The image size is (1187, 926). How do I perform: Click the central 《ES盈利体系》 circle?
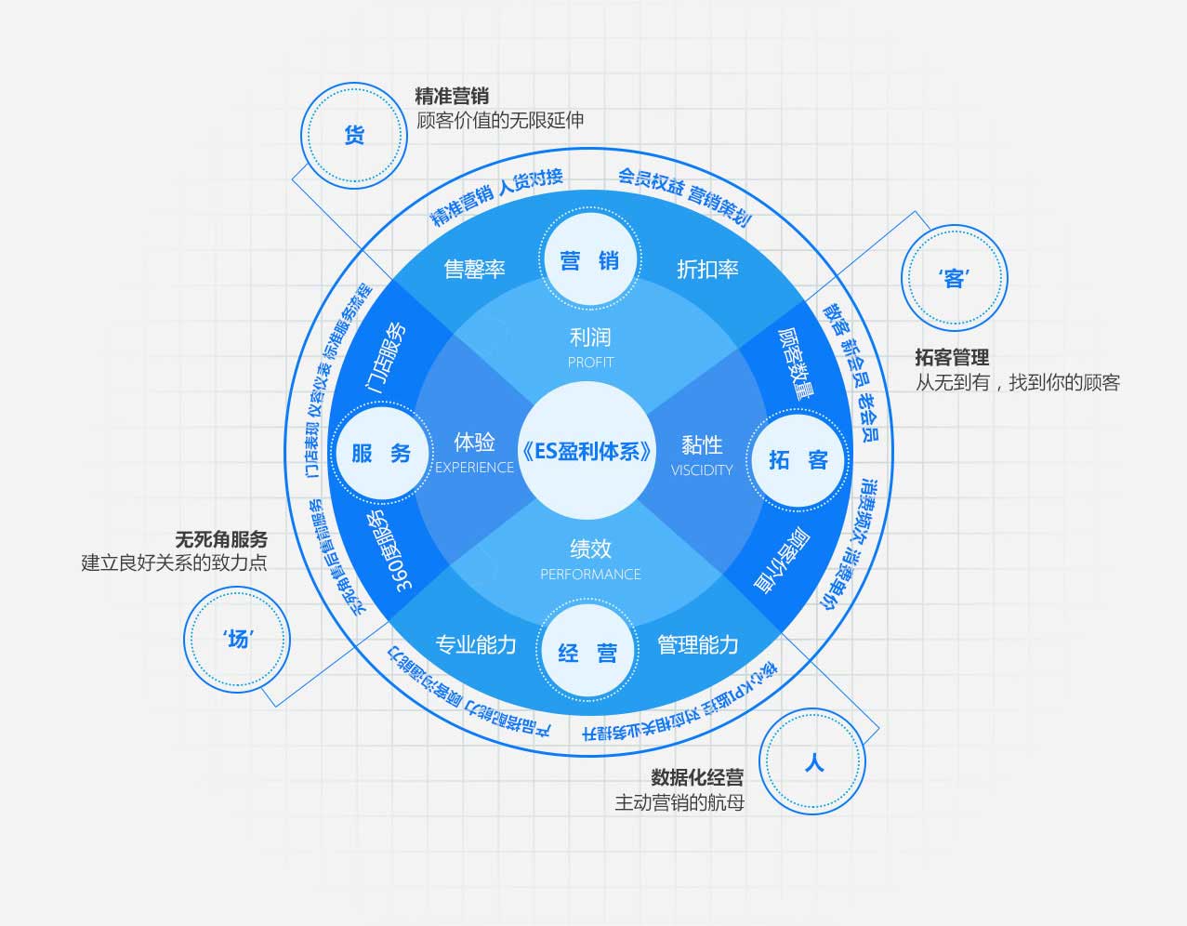tap(587, 452)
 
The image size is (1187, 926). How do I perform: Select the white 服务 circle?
tap(381, 454)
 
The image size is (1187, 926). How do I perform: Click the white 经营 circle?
tap(587, 653)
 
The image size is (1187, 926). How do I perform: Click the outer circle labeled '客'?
tap(955, 278)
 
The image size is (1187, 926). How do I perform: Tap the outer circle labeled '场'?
tap(237, 640)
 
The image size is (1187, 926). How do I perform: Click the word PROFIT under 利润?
tap(590, 363)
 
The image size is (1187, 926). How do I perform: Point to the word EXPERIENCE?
tap(474, 468)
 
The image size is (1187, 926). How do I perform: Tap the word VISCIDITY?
tap(702, 470)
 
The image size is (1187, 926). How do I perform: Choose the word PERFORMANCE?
tap(590, 575)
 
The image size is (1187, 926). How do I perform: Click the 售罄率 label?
tap(474, 270)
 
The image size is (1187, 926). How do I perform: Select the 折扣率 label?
tap(707, 270)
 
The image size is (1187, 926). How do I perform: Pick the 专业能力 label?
tap(475, 644)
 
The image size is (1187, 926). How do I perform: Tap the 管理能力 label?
tap(697, 644)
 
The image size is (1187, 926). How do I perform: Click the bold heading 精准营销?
tap(452, 96)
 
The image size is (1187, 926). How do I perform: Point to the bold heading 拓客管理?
tap(952, 357)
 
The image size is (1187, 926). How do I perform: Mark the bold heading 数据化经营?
tap(697, 777)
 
